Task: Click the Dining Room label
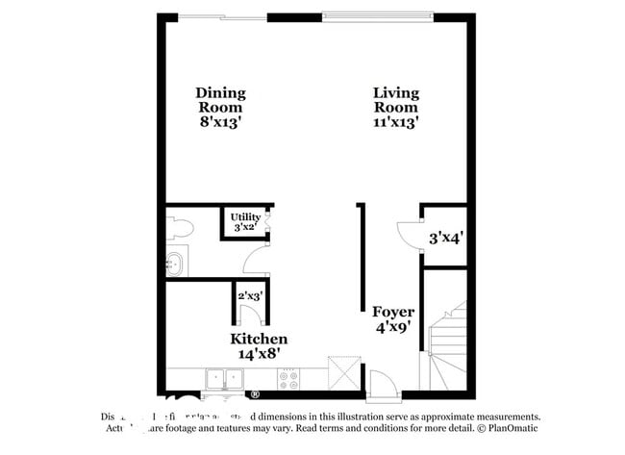[x=220, y=93]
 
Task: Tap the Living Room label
[x=396, y=93]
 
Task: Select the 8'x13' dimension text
[x=220, y=122]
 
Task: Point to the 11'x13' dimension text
[x=396, y=122]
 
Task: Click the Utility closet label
[x=244, y=216]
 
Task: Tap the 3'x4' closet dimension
[x=446, y=236]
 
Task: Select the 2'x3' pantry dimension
[x=251, y=295]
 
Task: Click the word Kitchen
[x=258, y=340]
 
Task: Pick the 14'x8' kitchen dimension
[x=258, y=354]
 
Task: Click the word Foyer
[x=394, y=313]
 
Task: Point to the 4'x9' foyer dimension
[x=394, y=328]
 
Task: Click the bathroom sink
[x=175, y=263]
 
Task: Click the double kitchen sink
[x=223, y=378]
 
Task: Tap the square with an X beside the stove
[x=343, y=372]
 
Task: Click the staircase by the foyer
[x=447, y=346]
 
